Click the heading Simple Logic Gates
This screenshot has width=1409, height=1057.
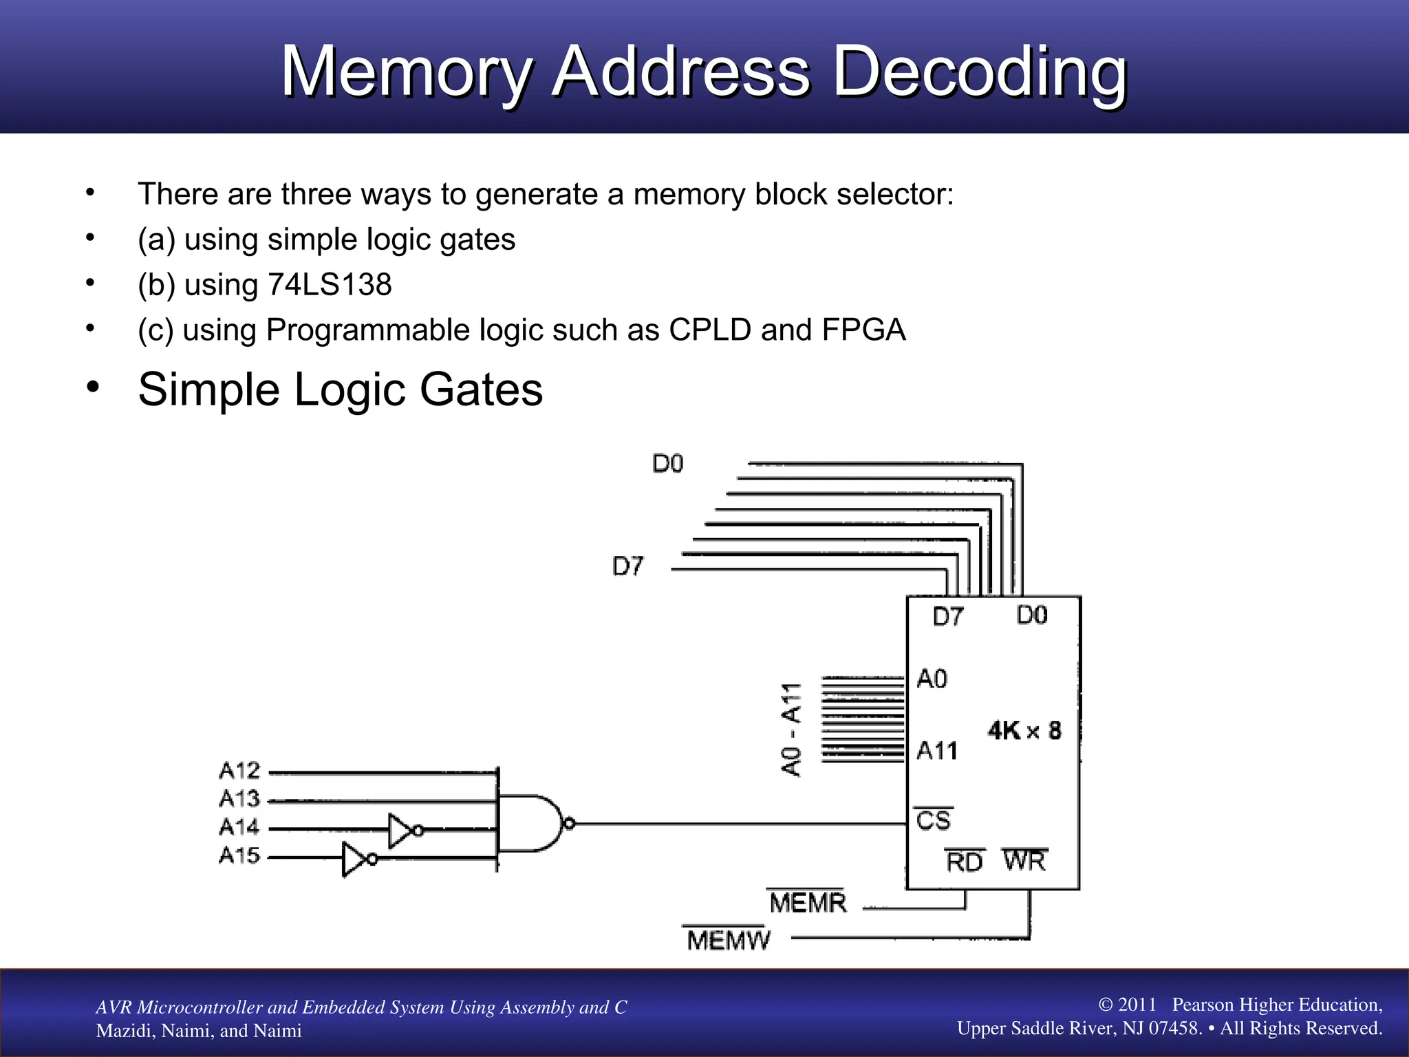click(340, 389)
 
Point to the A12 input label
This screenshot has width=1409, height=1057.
click(239, 771)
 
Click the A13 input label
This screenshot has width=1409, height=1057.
click(239, 799)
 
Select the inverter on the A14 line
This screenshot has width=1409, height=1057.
click(402, 830)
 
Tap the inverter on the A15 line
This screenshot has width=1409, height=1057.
click(357, 858)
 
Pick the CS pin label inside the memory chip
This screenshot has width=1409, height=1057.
click(933, 820)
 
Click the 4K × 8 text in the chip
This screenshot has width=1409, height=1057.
click(1024, 730)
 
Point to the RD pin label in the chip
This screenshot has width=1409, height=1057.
click(964, 862)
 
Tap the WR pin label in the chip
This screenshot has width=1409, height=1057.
click(1024, 861)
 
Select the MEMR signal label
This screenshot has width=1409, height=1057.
click(807, 902)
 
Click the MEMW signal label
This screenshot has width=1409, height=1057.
click(728, 940)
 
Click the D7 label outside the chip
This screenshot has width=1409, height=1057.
click(627, 566)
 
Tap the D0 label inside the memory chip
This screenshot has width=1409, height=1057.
click(1031, 615)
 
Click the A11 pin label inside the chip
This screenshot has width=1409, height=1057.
click(937, 751)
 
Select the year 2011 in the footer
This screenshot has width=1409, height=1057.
click(1137, 1005)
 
